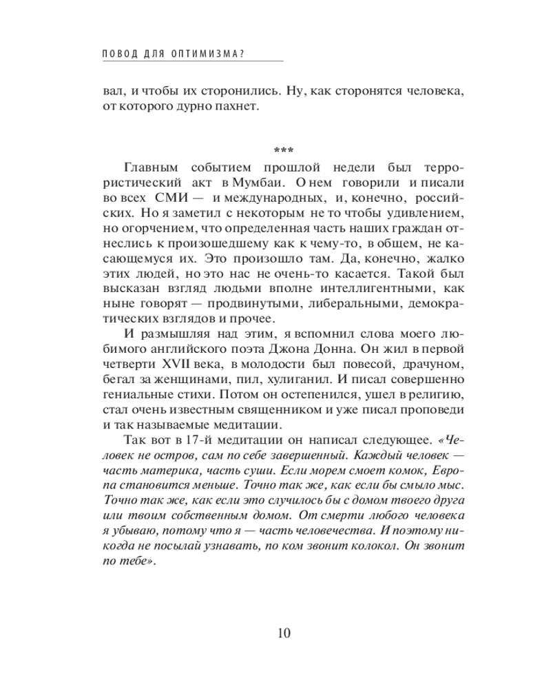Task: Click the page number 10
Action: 275,633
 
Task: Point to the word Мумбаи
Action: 262,184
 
